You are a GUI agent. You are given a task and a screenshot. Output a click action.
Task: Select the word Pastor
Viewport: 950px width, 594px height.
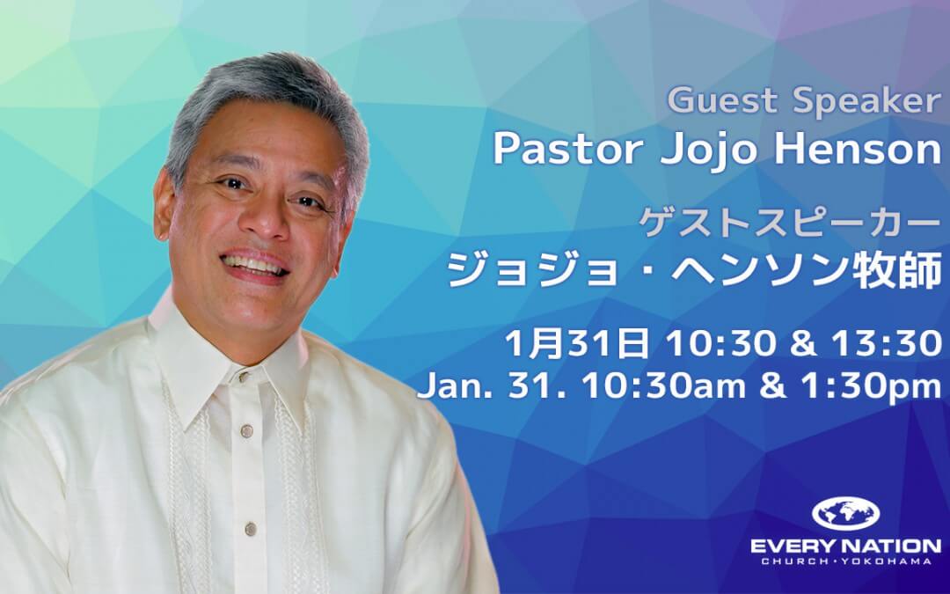pyautogui.click(x=567, y=149)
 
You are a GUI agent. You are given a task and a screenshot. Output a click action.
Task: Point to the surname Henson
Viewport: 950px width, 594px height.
pyautogui.click(x=858, y=149)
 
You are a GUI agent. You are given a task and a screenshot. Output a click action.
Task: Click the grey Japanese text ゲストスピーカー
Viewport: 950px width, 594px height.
pyautogui.click(x=790, y=224)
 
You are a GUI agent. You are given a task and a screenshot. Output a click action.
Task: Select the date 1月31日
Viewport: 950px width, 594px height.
pyautogui.click(x=576, y=343)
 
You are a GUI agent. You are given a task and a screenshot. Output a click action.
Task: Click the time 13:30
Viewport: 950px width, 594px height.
pyautogui.click(x=887, y=343)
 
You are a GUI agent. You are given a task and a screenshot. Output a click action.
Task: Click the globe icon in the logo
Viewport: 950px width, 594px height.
pyautogui.click(x=845, y=513)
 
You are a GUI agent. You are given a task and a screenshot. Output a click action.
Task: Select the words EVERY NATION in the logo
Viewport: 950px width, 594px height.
pyautogui.click(x=846, y=546)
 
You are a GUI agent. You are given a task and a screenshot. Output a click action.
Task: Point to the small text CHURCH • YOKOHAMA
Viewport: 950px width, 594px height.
pyautogui.click(x=846, y=561)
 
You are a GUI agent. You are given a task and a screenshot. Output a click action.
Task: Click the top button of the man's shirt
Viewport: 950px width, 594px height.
pyautogui.click(x=245, y=378)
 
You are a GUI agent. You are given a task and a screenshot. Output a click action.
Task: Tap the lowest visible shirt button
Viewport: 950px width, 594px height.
pyautogui.click(x=250, y=529)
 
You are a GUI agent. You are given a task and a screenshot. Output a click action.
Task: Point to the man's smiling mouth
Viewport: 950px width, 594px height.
pyautogui.click(x=254, y=266)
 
